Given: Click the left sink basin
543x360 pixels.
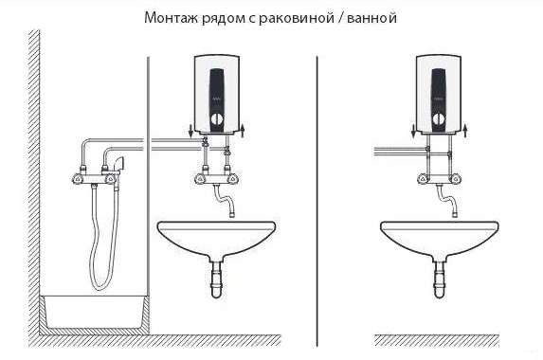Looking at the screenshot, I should [x=217, y=234].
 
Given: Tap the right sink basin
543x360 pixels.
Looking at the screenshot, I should [x=440, y=234].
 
